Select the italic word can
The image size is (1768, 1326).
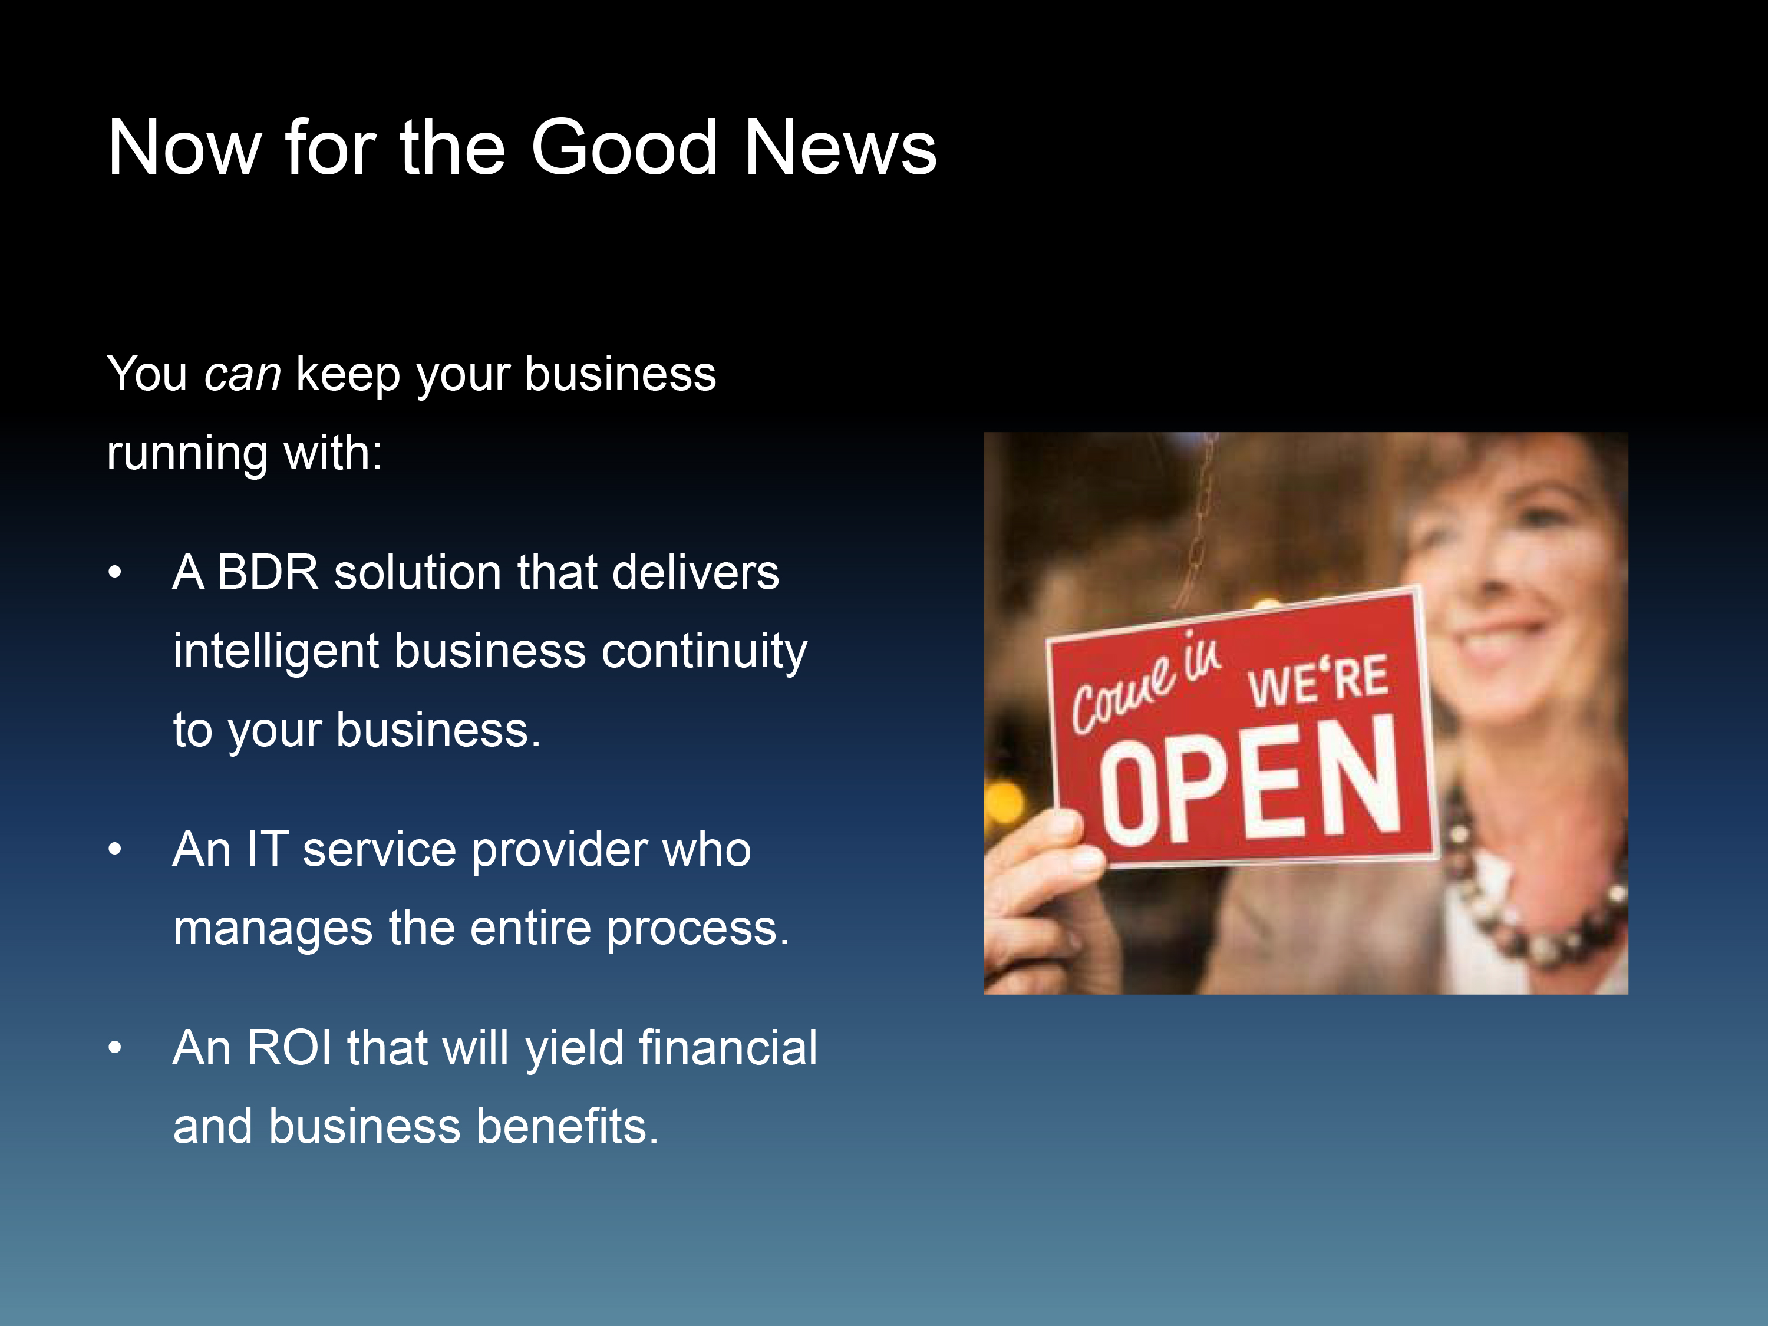pos(242,375)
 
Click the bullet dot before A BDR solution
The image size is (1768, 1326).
pos(115,572)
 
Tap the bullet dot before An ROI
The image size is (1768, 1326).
pos(115,1048)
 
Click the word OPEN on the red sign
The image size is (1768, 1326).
pos(1249,781)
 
